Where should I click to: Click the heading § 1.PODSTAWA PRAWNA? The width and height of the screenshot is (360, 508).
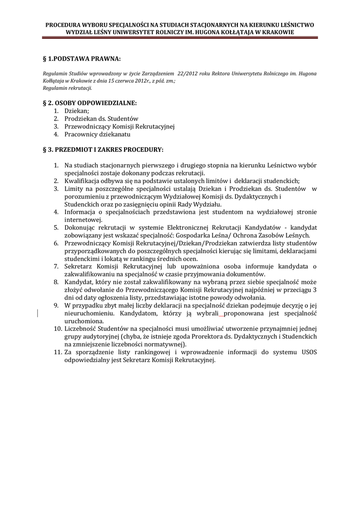[82, 59]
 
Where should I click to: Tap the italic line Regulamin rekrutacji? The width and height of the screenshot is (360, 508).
[68, 88]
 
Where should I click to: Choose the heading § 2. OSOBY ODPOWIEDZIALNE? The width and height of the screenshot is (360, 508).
[89, 103]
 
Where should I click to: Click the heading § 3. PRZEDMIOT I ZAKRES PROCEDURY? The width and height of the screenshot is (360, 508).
[103, 149]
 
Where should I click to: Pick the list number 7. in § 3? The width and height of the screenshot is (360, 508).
[56, 266]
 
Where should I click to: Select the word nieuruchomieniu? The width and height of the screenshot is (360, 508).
[88, 314]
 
